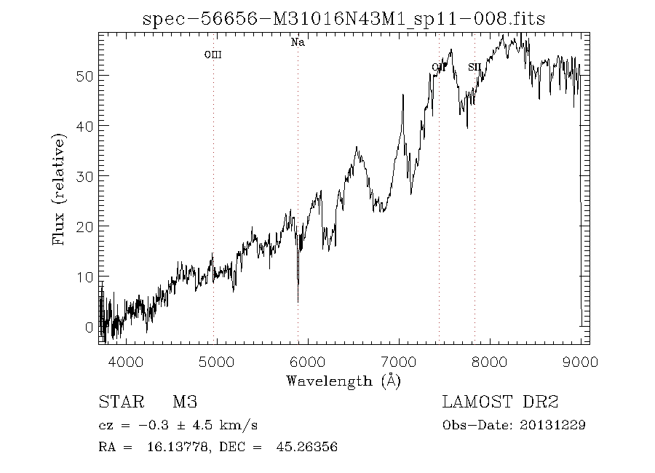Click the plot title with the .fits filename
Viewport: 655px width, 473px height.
point(344,20)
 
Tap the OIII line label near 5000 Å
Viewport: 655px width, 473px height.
point(213,55)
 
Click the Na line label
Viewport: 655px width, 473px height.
point(298,42)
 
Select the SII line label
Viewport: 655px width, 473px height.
point(475,67)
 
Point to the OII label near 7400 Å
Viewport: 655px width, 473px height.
point(438,68)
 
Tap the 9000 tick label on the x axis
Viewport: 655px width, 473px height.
point(580,362)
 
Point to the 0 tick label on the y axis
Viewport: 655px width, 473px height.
point(89,327)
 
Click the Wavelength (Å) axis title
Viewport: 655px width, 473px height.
point(344,380)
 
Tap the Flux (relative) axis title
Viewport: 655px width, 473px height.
point(59,189)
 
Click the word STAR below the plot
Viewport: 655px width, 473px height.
point(119,402)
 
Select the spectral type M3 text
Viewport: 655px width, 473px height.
point(185,402)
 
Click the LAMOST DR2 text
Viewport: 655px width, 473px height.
point(500,402)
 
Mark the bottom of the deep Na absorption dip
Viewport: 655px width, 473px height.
point(298,301)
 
